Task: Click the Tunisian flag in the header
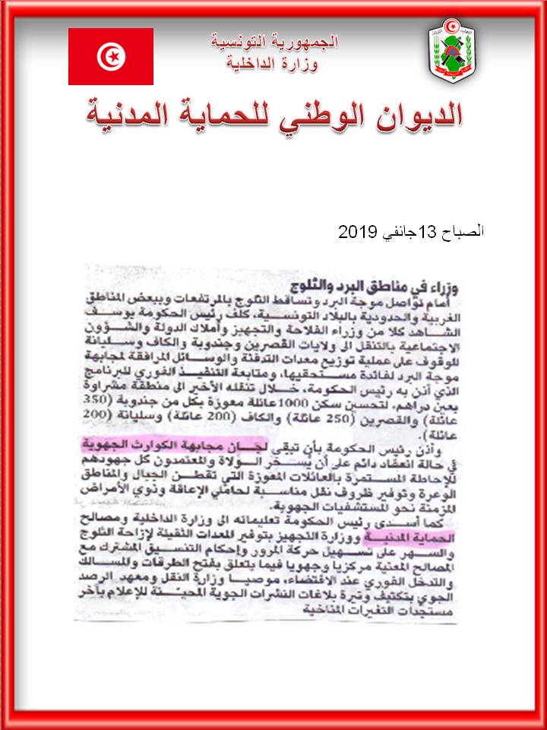[111, 56]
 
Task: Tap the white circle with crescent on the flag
[111, 56]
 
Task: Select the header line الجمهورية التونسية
[276, 43]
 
